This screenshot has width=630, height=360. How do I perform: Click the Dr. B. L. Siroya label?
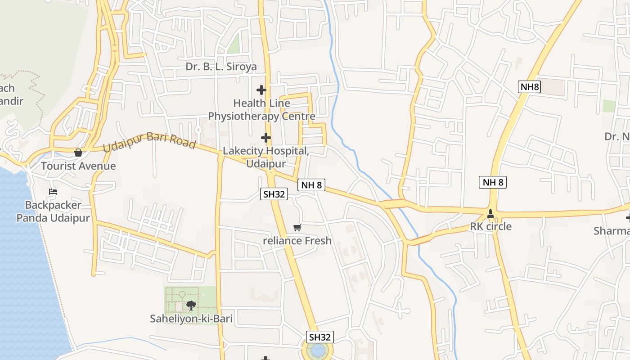221,67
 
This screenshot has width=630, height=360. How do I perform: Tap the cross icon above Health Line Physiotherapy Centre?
261,90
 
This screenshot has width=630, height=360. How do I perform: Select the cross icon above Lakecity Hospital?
266,137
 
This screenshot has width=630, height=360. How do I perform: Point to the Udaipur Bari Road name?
149,141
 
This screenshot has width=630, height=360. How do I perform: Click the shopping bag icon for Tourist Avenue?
78,153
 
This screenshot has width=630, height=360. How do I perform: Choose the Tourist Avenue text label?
78,166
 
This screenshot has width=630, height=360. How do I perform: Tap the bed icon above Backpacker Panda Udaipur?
53,192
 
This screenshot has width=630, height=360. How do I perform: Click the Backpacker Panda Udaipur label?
53,211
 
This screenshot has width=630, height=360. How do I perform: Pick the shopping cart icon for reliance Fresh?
297,227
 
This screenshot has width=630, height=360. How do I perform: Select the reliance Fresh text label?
297,241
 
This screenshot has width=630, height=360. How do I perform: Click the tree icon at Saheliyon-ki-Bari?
191,306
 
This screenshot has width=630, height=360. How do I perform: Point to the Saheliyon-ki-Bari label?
191,319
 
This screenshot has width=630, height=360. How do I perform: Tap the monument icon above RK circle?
490,213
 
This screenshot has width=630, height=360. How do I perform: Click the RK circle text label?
490,226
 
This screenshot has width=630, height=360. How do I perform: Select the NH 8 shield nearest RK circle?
493,182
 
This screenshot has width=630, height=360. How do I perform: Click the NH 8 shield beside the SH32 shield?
311,184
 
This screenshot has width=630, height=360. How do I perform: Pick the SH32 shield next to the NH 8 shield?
274,194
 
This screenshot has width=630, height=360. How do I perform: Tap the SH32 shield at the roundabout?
320,337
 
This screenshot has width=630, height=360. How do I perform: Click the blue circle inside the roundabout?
318,350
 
